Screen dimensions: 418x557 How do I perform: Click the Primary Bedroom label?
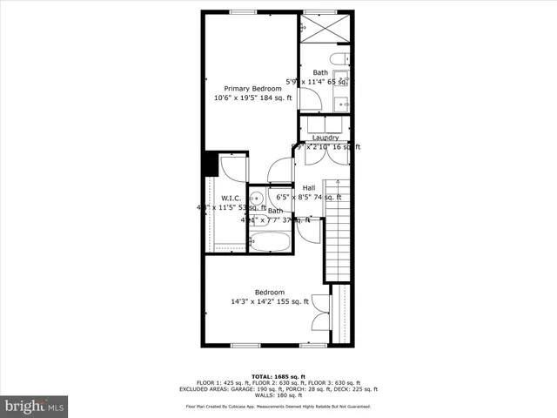point(252,89)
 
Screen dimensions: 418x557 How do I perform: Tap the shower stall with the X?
point(325,28)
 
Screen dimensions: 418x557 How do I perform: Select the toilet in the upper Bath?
point(346,59)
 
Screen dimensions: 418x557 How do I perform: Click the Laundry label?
point(325,138)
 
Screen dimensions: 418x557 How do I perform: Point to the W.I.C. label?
point(231,199)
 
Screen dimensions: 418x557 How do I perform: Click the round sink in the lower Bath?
point(258,198)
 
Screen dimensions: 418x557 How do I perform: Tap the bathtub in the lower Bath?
point(271,240)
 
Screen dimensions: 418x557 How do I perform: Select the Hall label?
point(309,188)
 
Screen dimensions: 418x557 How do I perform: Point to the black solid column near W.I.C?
point(211,163)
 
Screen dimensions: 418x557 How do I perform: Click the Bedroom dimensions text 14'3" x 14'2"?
point(269,301)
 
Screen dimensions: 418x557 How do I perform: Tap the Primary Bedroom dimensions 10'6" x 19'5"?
point(252,98)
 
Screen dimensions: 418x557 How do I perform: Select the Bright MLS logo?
point(35,406)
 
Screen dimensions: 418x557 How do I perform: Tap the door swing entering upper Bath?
point(311,99)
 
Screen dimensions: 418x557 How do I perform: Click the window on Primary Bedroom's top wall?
point(244,11)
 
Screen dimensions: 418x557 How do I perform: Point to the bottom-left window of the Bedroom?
point(245,346)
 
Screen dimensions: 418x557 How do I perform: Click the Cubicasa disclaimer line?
point(278,407)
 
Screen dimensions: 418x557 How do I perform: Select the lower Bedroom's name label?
point(269,292)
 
